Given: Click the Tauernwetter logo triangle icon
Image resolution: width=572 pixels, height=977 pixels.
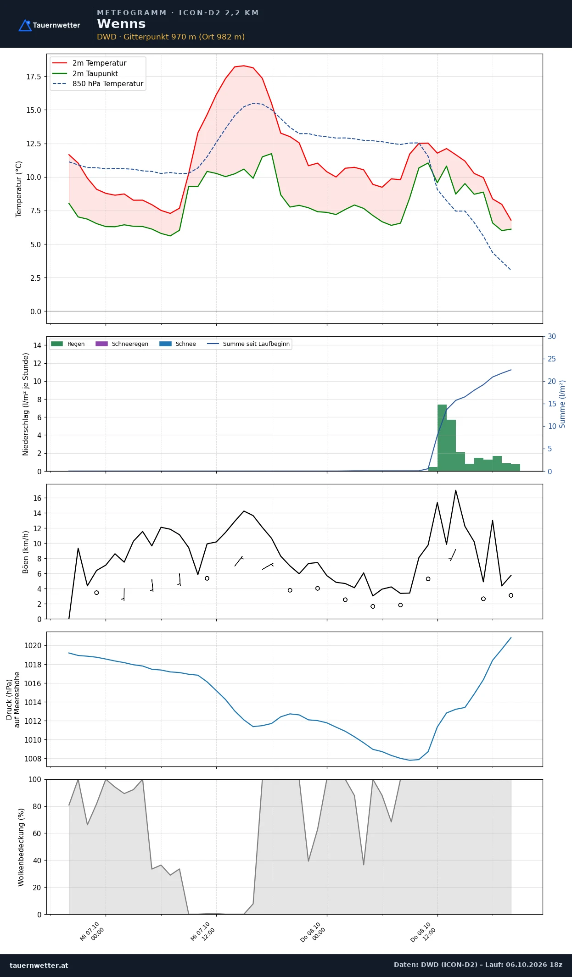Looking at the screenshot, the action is point(25,25).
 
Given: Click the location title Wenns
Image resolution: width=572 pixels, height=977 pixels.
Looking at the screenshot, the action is point(121,24).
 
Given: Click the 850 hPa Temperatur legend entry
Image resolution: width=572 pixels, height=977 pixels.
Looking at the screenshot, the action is point(98,83).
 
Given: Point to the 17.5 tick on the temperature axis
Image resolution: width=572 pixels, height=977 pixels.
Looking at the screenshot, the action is point(34,77).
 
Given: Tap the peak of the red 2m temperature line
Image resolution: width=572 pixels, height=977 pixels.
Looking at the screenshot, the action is point(244,66).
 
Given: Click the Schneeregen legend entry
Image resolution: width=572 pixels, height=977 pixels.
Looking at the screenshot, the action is point(122,344).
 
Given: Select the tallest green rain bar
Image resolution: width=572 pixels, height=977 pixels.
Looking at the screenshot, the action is point(442,438).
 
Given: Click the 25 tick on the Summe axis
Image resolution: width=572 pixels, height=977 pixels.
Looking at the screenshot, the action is point(552,359).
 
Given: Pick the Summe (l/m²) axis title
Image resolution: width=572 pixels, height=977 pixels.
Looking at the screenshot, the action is point(562,404).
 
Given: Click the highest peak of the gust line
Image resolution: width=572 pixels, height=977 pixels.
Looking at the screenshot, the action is point(455,490).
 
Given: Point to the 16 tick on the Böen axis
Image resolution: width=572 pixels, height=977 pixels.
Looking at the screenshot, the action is point(37,498).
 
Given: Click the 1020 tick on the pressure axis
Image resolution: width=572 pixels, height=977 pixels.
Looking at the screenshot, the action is point(33,646).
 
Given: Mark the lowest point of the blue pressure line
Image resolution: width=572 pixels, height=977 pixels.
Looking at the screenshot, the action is point(410,760).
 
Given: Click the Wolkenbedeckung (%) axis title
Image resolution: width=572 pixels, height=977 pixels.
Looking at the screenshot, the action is point(21,847).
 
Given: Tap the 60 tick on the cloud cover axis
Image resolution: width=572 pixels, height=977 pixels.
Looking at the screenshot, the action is point(37,833).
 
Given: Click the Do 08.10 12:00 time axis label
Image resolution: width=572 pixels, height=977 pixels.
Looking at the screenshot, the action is point(423,932).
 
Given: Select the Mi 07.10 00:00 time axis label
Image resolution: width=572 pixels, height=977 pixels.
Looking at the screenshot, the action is point(92,932).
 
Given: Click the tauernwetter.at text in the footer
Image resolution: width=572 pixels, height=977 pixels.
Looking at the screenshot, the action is point(39,965).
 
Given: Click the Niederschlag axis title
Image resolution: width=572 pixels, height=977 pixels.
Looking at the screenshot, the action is point(26,404).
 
